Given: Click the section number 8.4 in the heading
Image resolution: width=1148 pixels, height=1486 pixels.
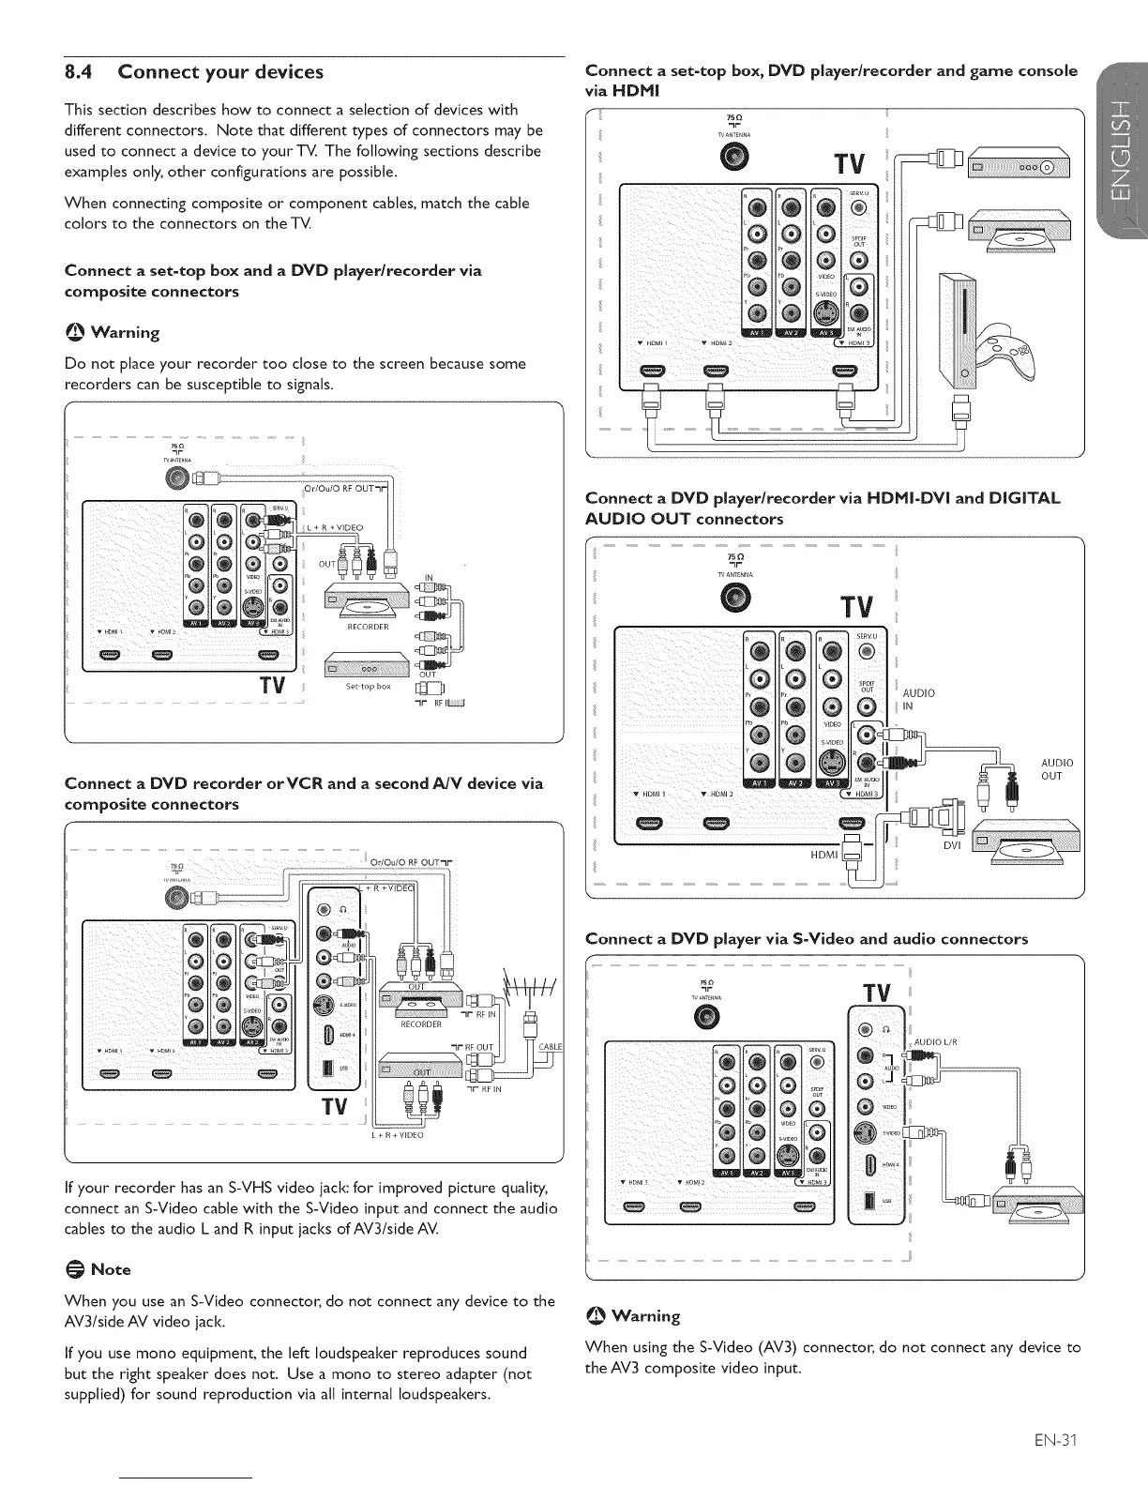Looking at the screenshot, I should (83, 72).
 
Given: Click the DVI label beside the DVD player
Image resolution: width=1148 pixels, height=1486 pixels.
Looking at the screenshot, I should (953, 844).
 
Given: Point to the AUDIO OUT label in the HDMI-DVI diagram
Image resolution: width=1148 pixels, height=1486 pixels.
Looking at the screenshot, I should (1057, 769).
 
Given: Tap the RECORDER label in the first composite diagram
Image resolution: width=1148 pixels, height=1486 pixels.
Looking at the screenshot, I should (368, 627).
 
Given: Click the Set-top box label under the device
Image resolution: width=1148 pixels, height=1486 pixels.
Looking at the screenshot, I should (368, 686).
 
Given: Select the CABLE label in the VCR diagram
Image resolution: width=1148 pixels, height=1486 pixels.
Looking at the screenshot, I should (550, 1047).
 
